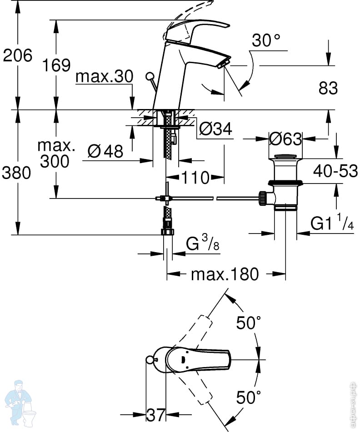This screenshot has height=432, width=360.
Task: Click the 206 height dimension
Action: tap(18, 55)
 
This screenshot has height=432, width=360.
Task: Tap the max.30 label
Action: tap(104, 76)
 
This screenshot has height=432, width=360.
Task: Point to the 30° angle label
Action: tap(266, 41)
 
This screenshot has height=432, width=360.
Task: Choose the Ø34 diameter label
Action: tap(215, 129)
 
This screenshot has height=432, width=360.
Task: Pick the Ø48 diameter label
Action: tap(105, 151)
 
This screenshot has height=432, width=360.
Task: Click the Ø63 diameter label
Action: tap(285, 139)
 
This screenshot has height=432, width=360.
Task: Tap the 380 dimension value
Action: tap(17, 173)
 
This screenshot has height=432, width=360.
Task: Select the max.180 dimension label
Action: tap(225, 274)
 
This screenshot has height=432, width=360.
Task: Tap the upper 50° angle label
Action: tap(249, 323)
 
